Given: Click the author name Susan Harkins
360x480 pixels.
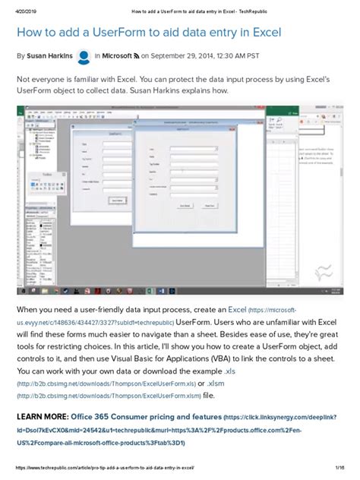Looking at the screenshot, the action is [x=52, y=55].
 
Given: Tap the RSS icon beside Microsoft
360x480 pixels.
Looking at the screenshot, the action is [x=137, y=55].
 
